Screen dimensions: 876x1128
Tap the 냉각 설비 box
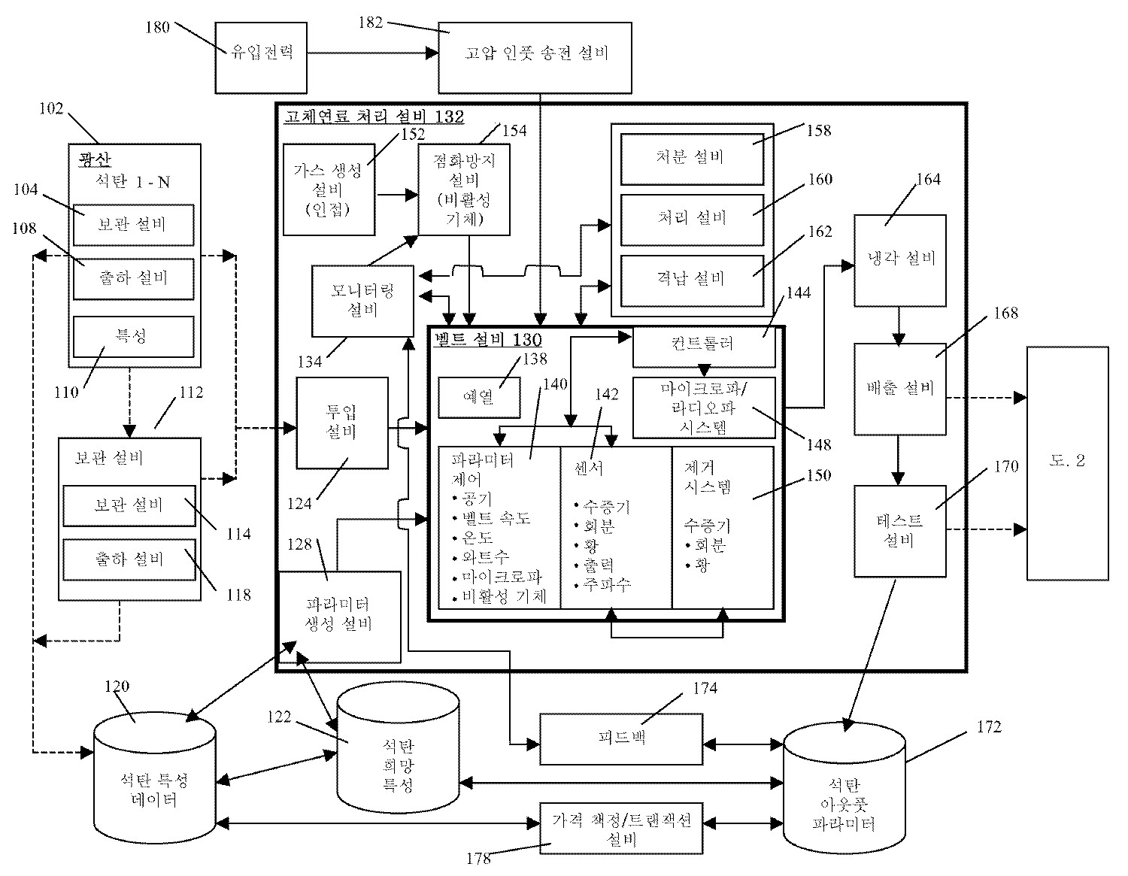click(899, 260)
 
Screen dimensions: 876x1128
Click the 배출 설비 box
click(899, 389)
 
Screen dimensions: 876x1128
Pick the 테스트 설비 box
click(899, 529)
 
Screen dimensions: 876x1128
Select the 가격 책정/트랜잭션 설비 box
click(621, 829)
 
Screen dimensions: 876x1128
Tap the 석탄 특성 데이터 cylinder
click(154, 786)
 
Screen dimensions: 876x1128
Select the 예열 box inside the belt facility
click(480, 397)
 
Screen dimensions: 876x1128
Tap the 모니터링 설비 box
click(363, 300)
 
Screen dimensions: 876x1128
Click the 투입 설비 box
click(342, 423)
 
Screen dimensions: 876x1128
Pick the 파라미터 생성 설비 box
click(339, 616)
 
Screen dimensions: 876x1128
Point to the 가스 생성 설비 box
click(328, 189)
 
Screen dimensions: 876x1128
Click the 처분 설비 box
click(692, 158)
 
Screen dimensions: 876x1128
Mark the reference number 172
click(989, 726)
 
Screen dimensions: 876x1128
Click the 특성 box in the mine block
click(133, 336)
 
